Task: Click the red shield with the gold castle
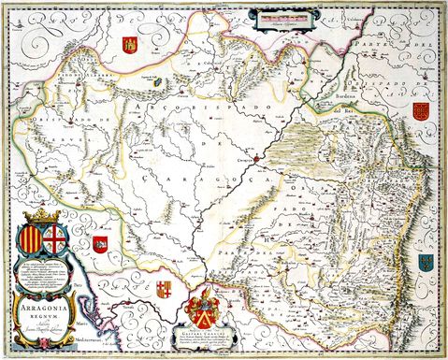coord(130,44)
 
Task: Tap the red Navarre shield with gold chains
coord(420,112)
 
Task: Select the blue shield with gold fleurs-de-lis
coord(426,262)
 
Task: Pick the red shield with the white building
coord(100,245)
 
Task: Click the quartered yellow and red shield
coord(164,287)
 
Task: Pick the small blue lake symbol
coord(151,82)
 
